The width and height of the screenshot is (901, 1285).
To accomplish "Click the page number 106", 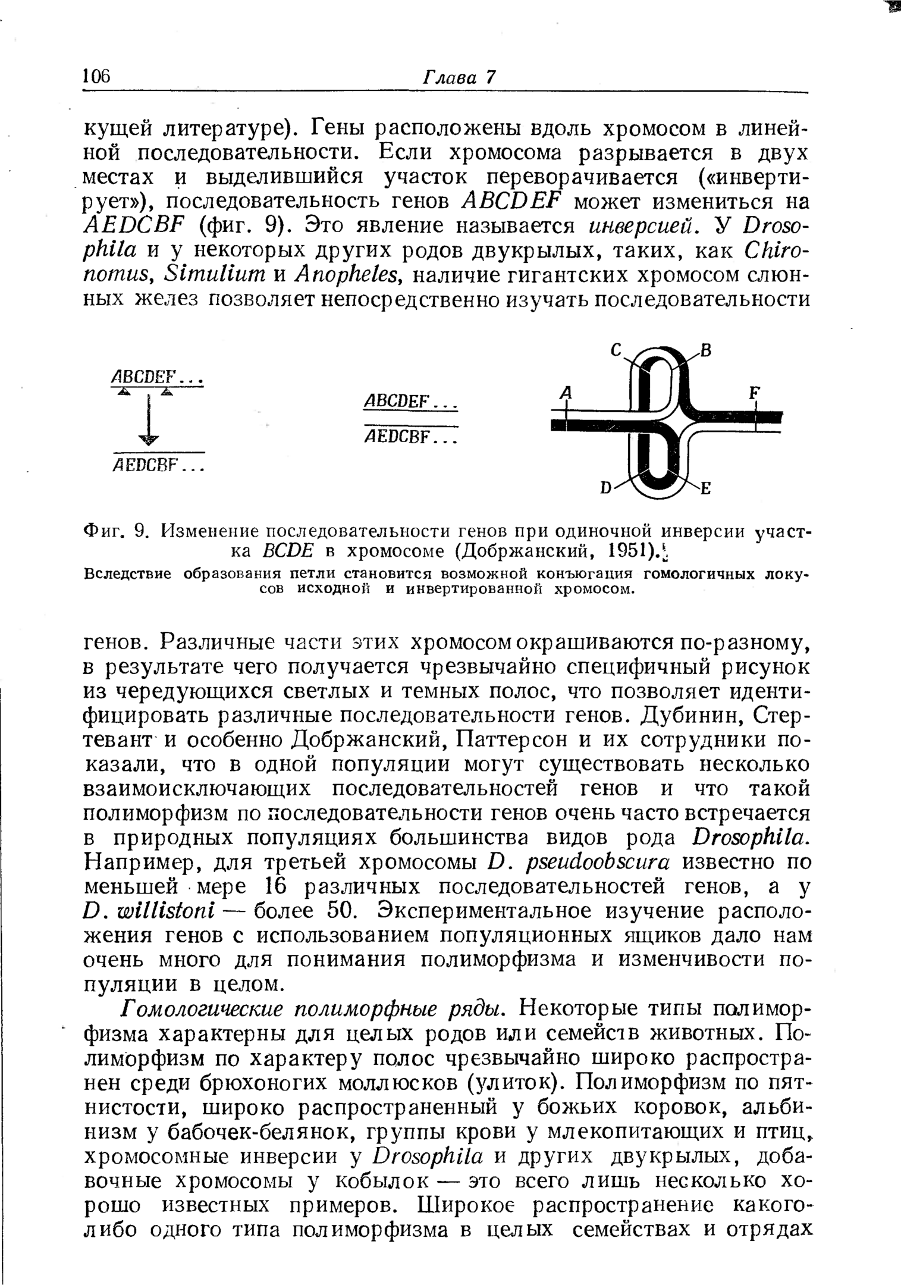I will tap(96, 76).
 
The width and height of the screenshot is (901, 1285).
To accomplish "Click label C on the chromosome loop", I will tap(617, 352).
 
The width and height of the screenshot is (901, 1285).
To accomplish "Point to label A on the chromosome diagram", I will tap(567, 393).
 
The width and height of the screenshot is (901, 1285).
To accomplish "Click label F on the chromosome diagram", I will tap(754, 393).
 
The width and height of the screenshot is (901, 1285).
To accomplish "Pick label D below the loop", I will tap(606, 488).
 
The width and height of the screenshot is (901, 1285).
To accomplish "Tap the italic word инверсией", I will tap(641, 226).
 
